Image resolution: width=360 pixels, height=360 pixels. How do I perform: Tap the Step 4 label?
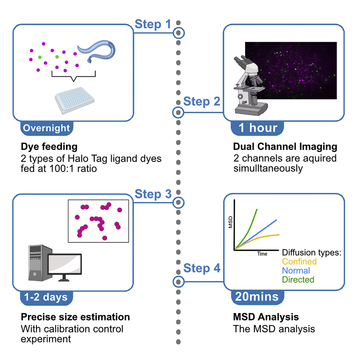tap(201, 269)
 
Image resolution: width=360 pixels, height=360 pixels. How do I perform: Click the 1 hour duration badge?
tap(258, 128)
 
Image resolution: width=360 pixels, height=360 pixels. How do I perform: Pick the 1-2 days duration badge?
tap(46, 297)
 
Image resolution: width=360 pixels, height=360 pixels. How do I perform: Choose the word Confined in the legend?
tap(299, 261)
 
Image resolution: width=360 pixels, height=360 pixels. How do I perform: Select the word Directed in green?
tap(298, 279)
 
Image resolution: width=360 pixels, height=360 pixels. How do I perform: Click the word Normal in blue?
tap(296, 270)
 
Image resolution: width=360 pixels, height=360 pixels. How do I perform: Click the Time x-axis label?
tap(262, 254)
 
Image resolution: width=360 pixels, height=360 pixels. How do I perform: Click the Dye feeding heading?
tap(49, 147)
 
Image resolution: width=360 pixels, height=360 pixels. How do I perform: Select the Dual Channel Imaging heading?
tap(285, 147)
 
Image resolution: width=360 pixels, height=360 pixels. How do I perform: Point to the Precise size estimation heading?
tap(75, 317)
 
